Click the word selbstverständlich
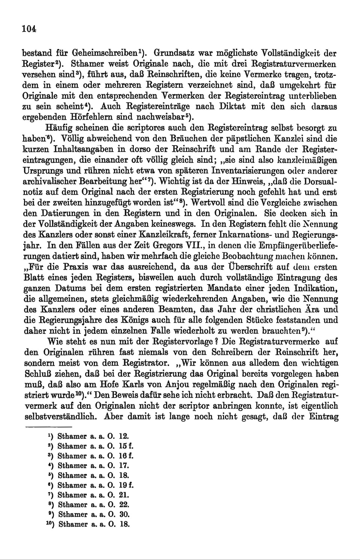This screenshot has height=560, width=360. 60,417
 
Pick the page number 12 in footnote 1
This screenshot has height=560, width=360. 123,436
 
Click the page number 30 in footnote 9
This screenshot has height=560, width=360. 124,514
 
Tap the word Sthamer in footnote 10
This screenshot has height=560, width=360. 73,524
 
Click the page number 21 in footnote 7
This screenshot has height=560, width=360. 124,495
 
